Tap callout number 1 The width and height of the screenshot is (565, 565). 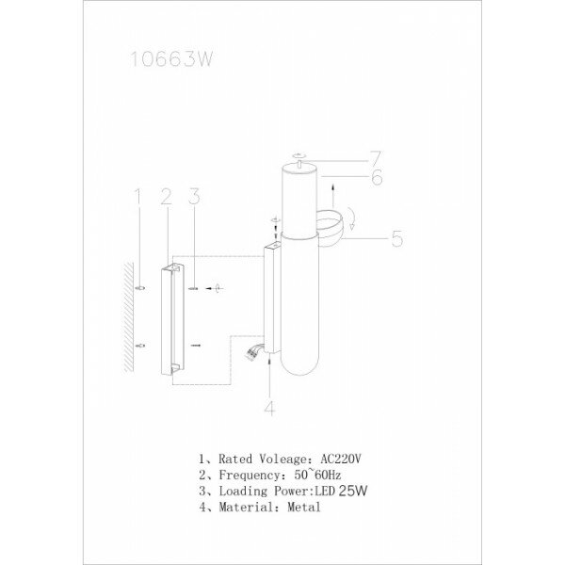[x=137, y=197]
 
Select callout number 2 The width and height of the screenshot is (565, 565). [x=165, y=197]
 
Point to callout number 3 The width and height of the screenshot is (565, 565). [x=193, y=197]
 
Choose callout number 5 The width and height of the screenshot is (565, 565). [x=396, y=238]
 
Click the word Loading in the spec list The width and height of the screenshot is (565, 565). [x=243, y=490]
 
